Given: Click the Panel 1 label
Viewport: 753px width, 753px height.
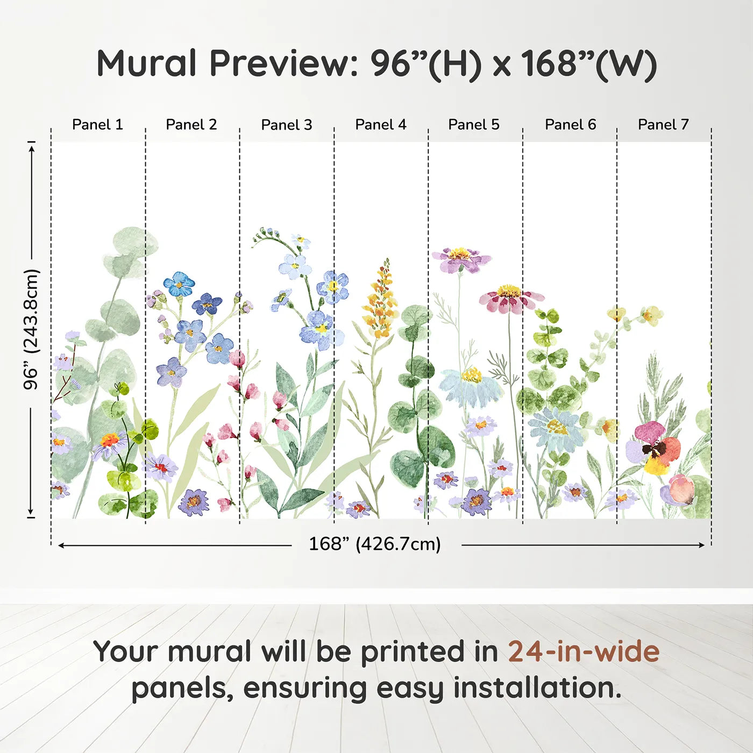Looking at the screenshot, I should [x=97, y=125].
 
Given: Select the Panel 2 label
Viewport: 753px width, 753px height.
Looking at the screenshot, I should [x=191, y=125].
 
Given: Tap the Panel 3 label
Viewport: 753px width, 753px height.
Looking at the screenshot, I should [x=286, y=125].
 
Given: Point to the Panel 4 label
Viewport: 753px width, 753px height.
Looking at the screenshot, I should [x=380, y=125].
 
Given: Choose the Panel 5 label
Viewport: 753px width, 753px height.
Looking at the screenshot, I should [x=473, y=125].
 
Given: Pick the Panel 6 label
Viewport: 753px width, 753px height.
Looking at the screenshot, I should [x=570, y=125].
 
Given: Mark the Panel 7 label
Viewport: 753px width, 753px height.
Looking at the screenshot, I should [x=663, y=125].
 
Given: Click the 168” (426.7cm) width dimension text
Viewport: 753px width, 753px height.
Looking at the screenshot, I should [x=374, y=544].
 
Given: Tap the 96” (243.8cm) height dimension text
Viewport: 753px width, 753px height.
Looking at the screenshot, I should [x=31, y=329].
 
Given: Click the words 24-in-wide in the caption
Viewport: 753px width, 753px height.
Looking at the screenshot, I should [x=584, y=651].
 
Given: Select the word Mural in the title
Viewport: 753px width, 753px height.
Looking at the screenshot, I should [x=146, y=63].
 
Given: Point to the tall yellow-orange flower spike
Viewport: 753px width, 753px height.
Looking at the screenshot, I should [x=381, y=301].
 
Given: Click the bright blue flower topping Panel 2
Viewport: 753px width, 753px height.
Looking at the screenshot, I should [x=179, y=284].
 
